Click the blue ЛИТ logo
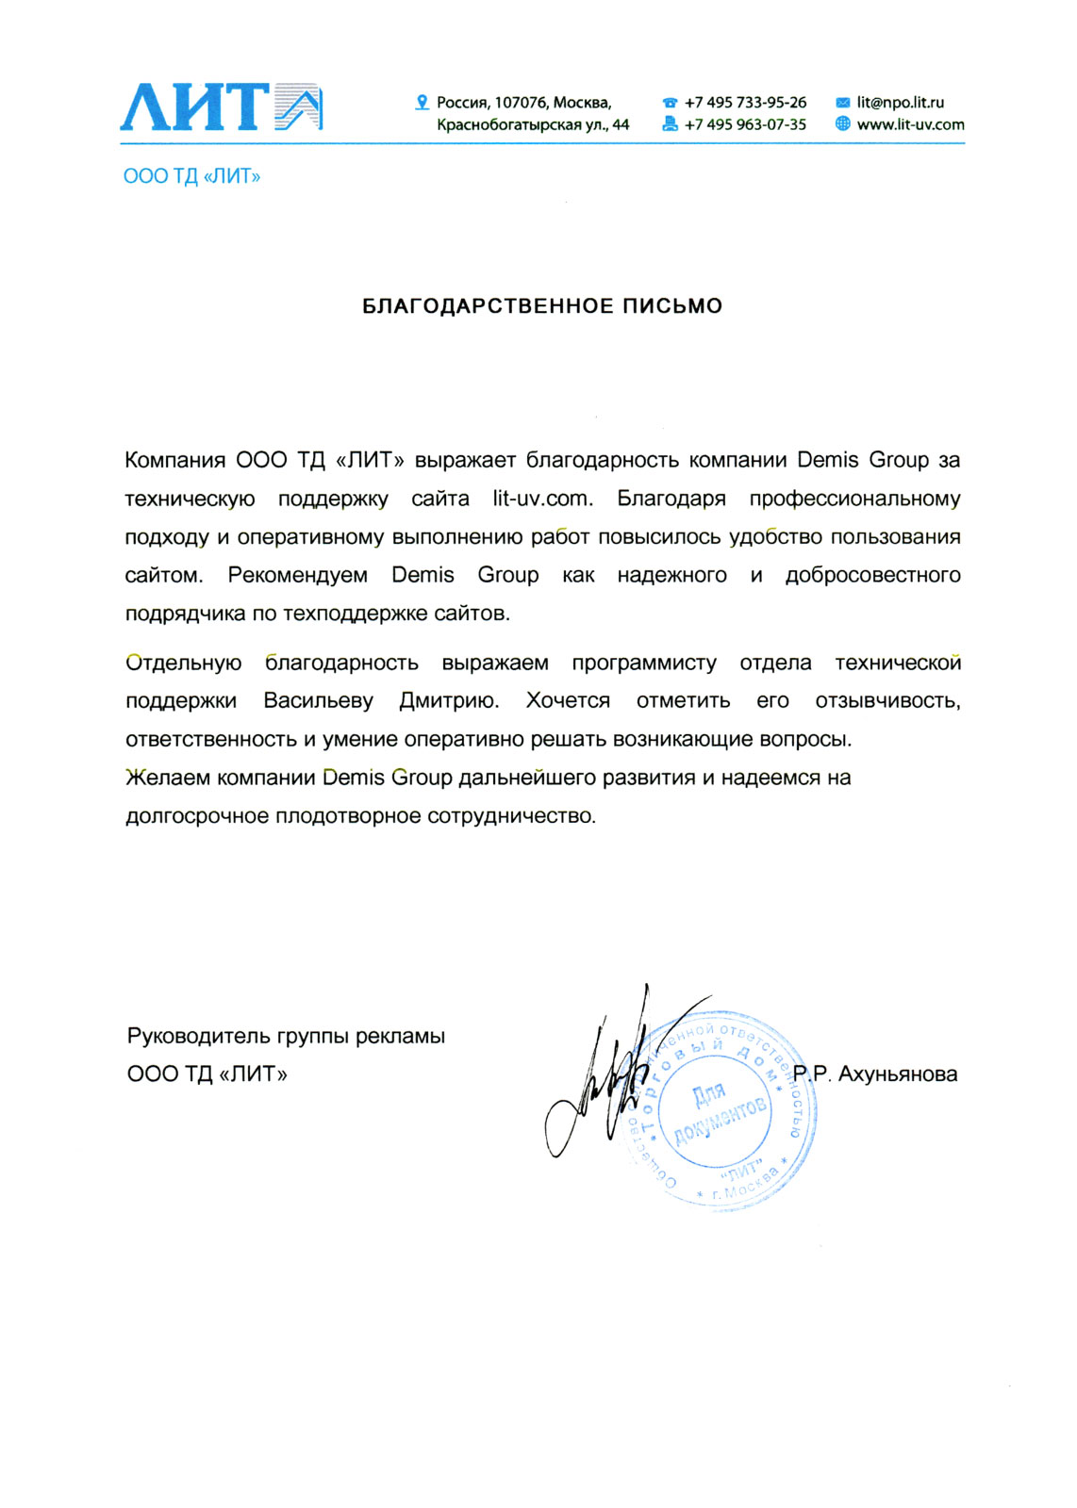point(221,107)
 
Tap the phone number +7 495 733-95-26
point(745,102)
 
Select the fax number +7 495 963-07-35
point(745,124)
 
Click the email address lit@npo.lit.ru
point(900,102)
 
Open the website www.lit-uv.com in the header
point(910,124)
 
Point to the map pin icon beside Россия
point(423,102)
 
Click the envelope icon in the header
point(843,103)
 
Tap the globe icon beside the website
point(843,123)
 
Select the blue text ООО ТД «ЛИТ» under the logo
point(191,176)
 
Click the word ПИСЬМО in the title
point(671,306)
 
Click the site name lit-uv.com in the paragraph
point(542,499)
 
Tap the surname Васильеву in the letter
point(318,701)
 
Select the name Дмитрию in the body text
point(449,701)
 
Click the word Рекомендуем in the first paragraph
point(297,575)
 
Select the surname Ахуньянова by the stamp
point(897,1074)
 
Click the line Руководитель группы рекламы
point(286,1037)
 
